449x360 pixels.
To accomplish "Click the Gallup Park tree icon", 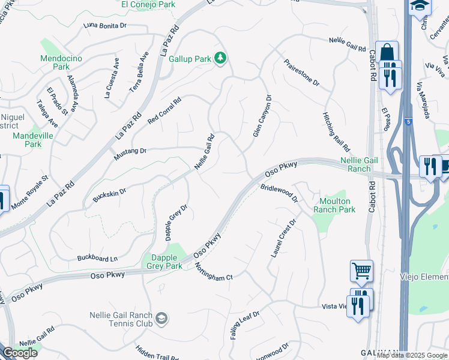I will pos(221,58).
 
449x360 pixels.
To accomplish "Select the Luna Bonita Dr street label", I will pos(106,26).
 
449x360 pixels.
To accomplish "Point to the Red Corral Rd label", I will pos(164,112).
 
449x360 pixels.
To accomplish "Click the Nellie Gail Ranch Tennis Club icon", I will pos(161,319).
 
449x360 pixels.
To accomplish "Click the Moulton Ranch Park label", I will pos(334,205).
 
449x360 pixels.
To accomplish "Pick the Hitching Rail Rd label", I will pos(336,131).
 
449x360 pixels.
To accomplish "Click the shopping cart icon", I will pos(362,271).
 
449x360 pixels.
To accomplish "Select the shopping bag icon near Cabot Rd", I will pos(387,52).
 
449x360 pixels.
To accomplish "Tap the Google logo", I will pos(20,353).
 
